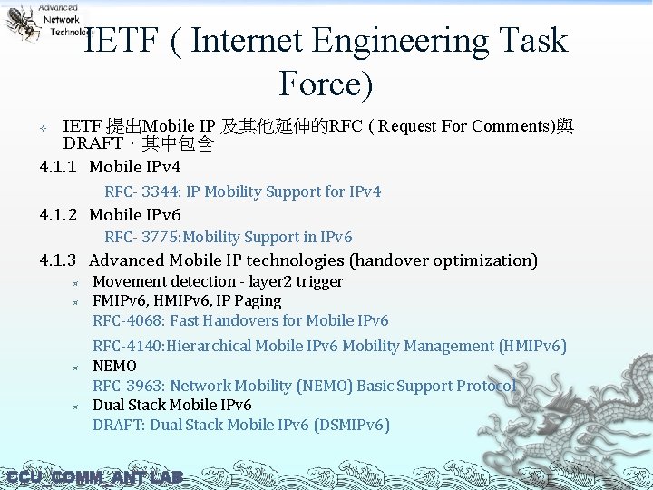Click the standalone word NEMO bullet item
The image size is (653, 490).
pos(115,366)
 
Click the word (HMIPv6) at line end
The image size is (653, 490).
pos(533,346)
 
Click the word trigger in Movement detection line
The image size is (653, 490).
pos(318,281)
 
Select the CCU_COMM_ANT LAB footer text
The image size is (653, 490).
pos(94,477)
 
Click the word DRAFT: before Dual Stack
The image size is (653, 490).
pos(119,425)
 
